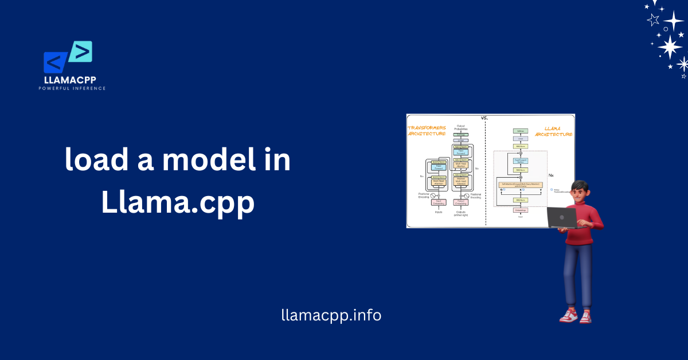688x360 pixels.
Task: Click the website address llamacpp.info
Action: [331, 315]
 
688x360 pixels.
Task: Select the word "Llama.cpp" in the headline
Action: [178, 203]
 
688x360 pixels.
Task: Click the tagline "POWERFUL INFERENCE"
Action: [72, 88]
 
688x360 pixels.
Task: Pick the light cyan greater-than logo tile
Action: [81, 52]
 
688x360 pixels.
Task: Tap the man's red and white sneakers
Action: [576, 316]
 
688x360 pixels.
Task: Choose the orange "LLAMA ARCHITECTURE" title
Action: [553, 131]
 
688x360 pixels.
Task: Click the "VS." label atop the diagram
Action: [485, 118]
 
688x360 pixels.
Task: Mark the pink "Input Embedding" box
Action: [437, 202]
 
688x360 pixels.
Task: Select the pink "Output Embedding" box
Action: [460, 202]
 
